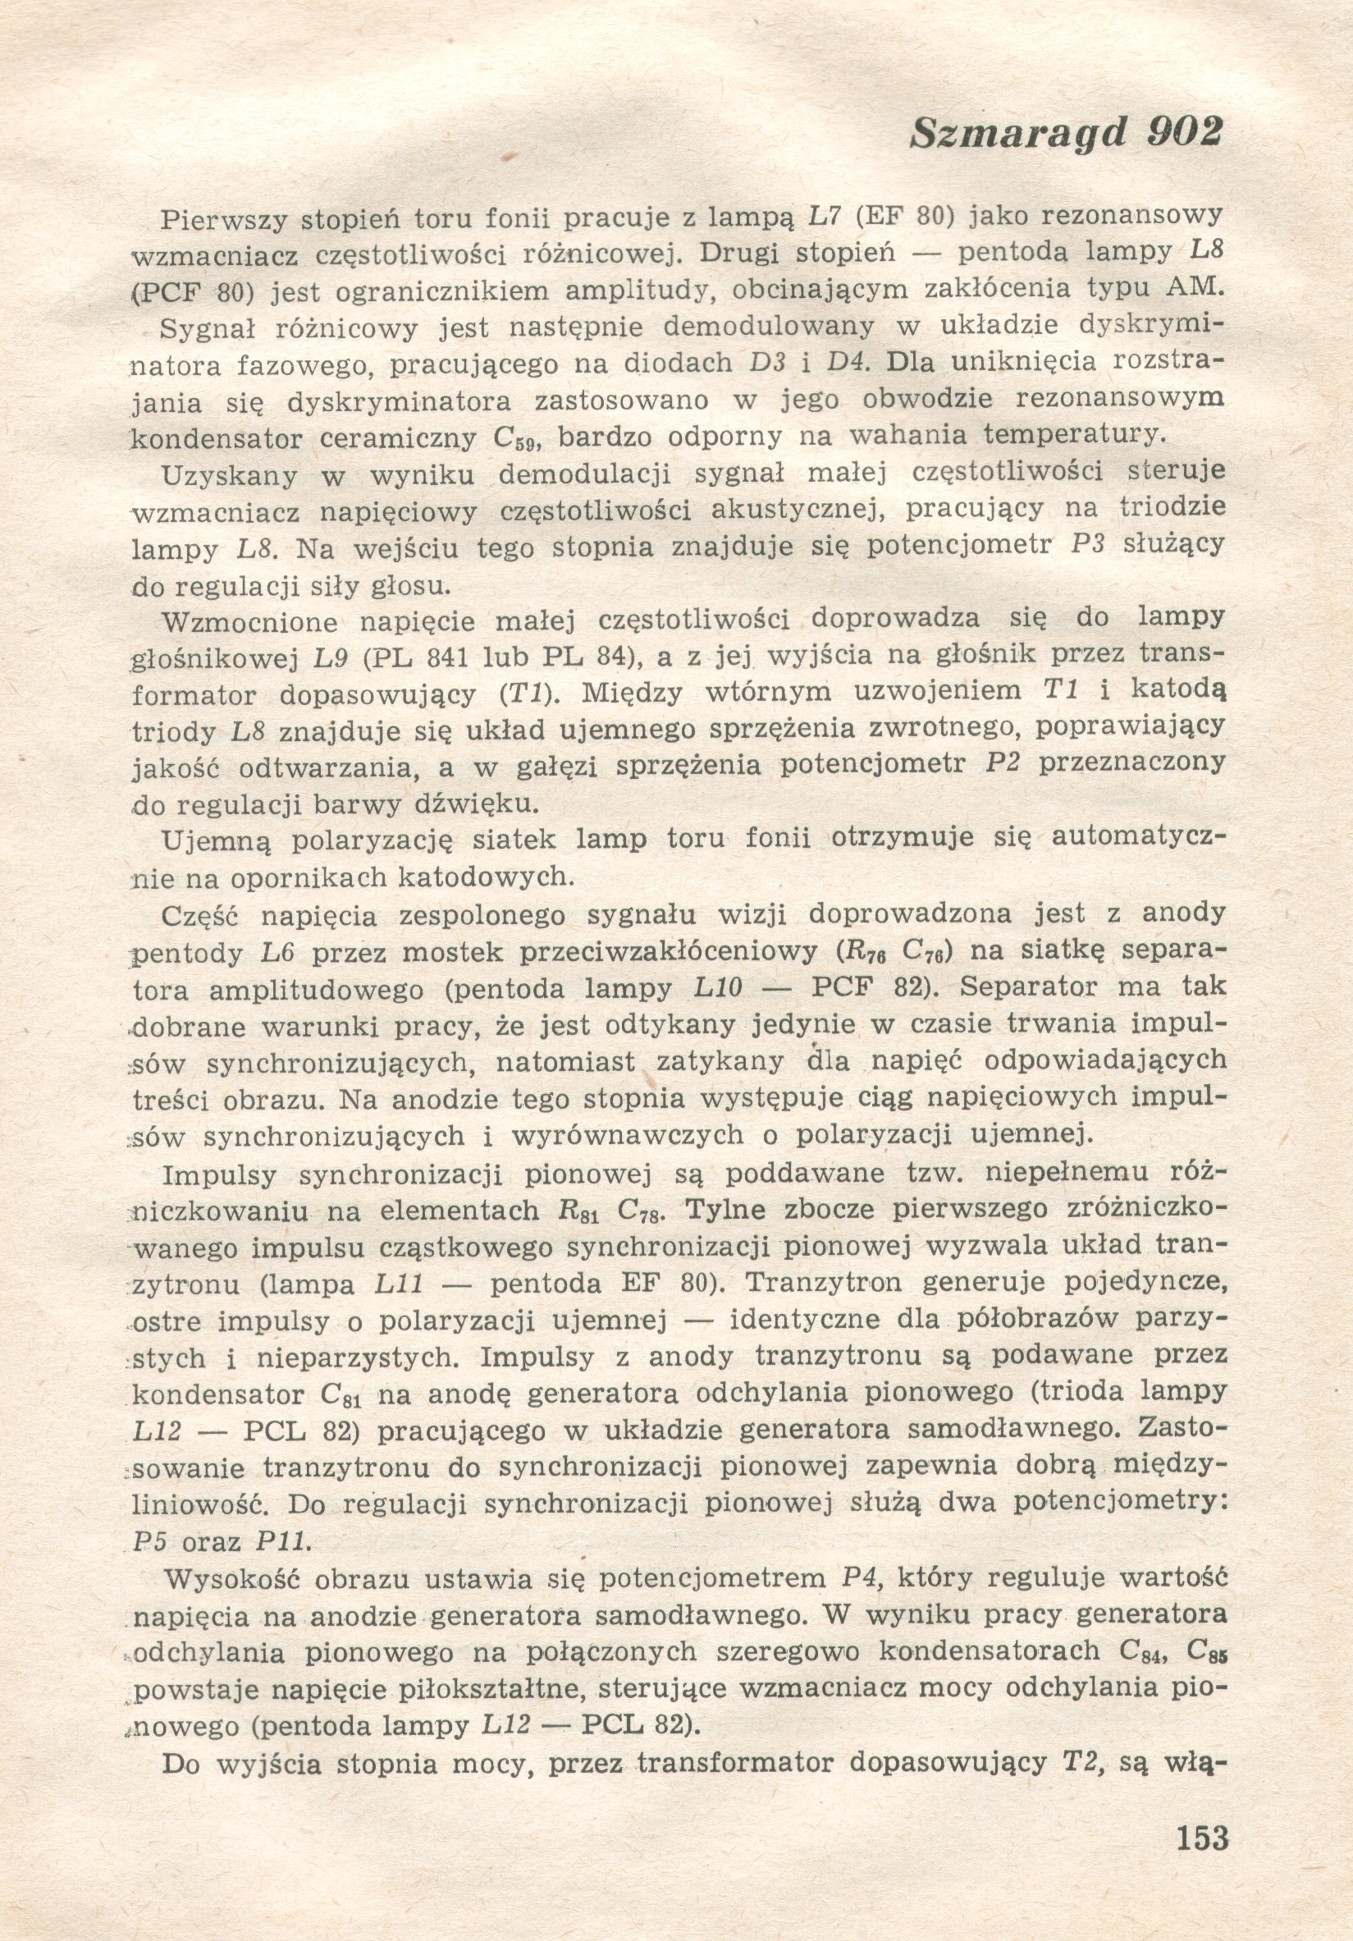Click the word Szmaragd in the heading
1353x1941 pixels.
click(x=1018, y=134)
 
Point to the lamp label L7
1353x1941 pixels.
click(x=822, y=217)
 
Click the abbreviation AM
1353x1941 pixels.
click(x=1194, y=286)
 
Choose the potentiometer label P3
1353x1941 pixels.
click(x=1089, y=544)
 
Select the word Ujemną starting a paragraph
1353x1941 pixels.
click(x=216, y=841)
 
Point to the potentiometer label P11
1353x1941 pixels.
click(x=283, y=1541)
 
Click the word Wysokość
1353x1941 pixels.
click(x=229, y=1578)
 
